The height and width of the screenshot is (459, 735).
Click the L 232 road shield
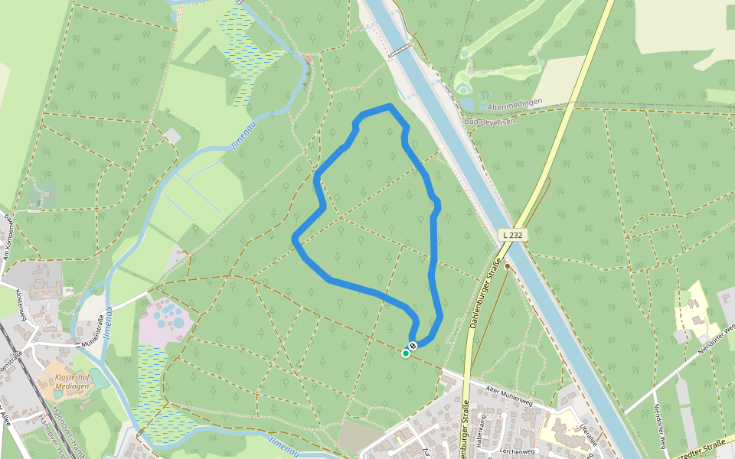click(x=513, y=235)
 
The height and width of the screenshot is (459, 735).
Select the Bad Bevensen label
click(x=491, y=121)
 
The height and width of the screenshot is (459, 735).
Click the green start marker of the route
click(x=406, y=353)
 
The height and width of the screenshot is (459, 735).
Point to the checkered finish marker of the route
click(x=413, y=347)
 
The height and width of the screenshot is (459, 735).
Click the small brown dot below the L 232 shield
click(x=507, y=266)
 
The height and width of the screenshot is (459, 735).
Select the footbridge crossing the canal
click(x=400, y=50)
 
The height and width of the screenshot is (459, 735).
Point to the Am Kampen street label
click(x=9, y=237)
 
